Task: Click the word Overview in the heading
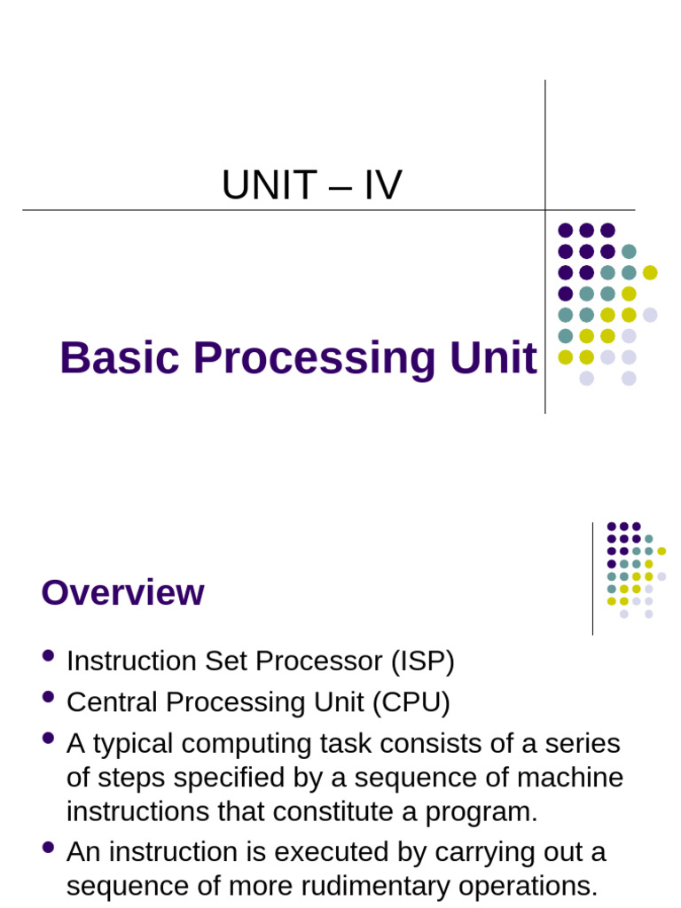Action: (122, 593)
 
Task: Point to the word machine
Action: (568, 778)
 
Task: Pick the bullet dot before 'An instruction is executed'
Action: (48, 847)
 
